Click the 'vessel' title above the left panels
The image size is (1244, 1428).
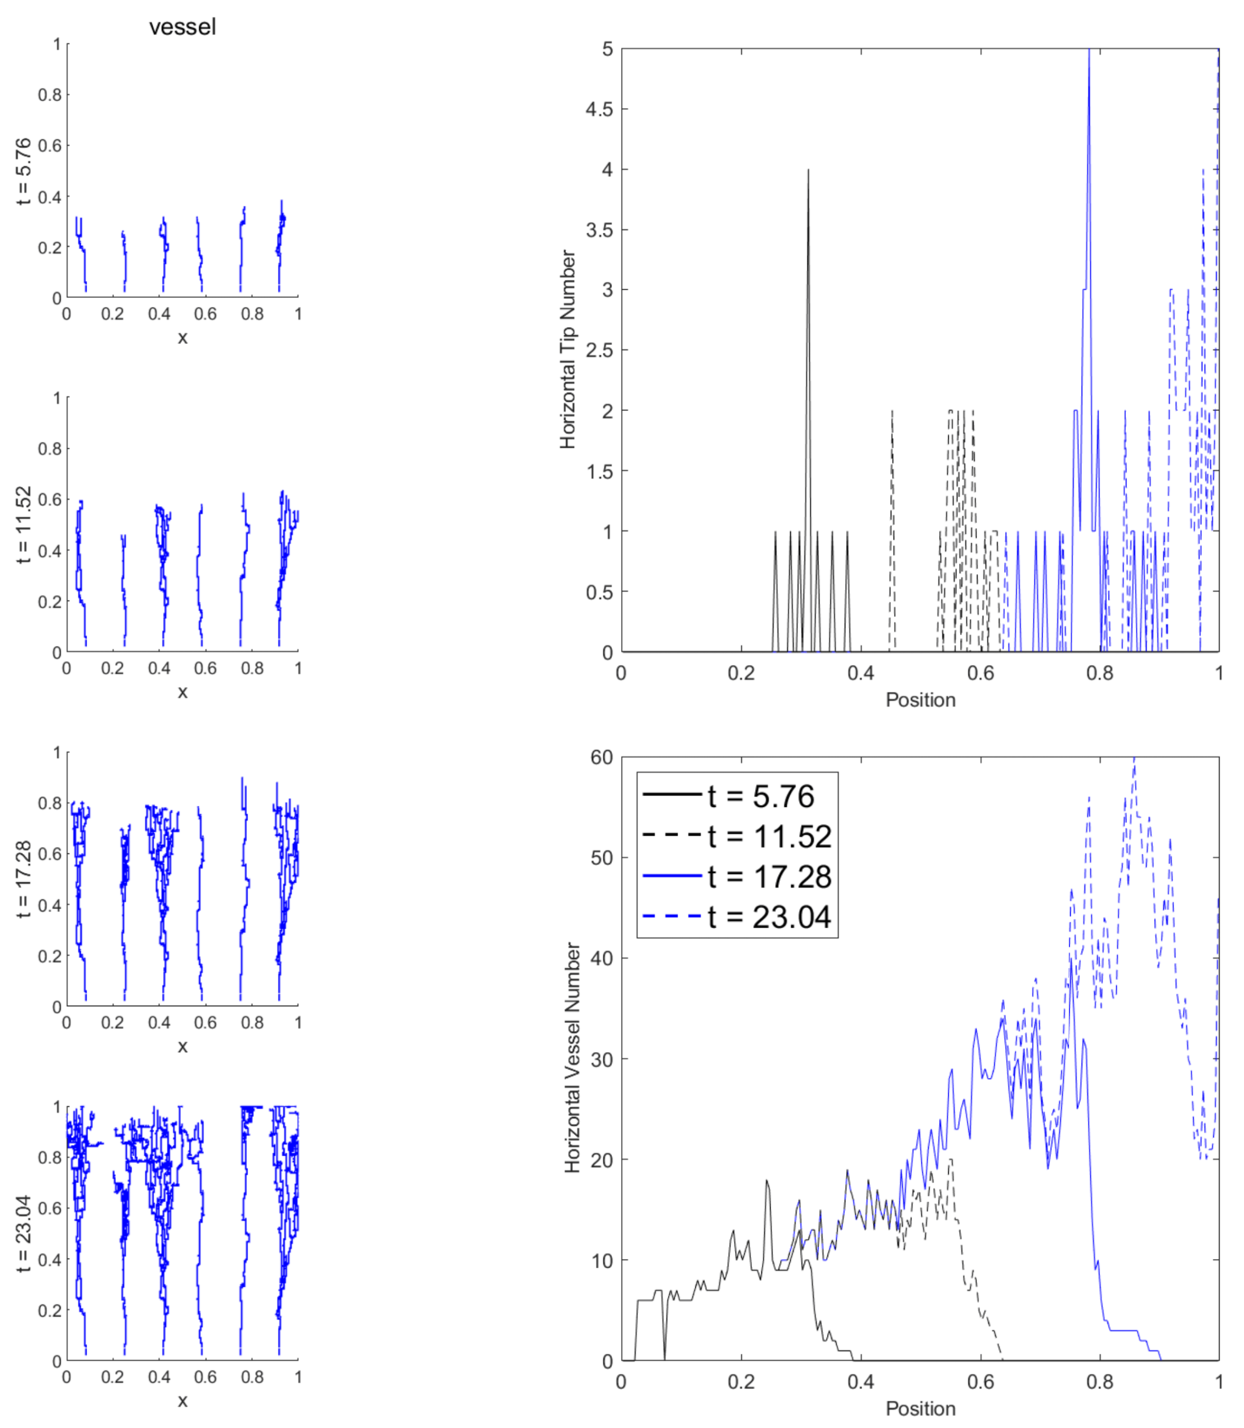click(183, 27)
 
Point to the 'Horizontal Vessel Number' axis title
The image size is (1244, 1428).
click(572, 1058)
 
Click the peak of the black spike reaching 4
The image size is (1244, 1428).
click(808, 170)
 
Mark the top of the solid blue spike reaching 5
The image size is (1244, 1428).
click(1089, 50)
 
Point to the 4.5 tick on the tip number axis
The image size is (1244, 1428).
click(599, 109)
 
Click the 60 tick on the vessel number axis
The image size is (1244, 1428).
click(602, 758)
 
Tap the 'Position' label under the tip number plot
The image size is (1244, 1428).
click(921, 700)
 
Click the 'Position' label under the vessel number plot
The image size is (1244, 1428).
click(921, 1409)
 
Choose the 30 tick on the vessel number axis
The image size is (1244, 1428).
click(602, 1059)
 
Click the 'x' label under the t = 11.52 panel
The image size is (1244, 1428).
click(183, 692)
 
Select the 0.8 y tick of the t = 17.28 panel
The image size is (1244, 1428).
click(50, 803)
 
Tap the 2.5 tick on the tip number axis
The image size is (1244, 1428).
click(599, 350)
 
